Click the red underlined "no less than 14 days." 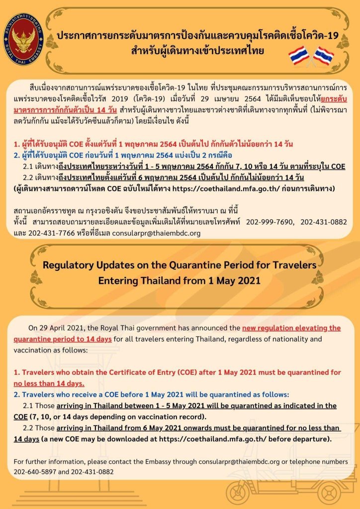point(49,383)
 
